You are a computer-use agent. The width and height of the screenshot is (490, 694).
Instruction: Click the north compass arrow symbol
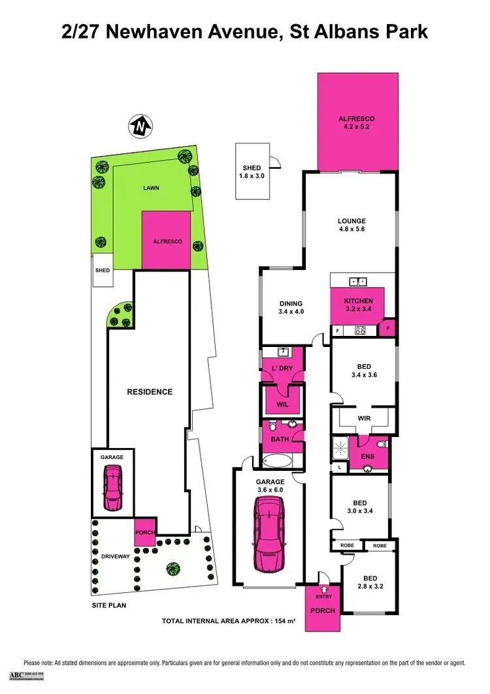pyautogui.click(x=139, y=125)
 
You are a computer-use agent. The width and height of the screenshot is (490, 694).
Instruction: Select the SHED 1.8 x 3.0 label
pyautogui.click(x=252, y=172)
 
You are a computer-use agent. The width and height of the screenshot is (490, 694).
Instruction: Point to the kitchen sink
pyautogui.click(x=357, y=282)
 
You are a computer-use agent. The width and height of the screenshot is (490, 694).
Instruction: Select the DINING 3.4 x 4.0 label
pyautogui.click(x=291, y=307)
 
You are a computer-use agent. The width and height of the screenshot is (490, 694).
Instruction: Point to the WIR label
pyautogui.click(x=364, y=418)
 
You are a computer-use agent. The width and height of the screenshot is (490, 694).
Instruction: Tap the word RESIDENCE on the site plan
pyautogui.click(x=150, y=392)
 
